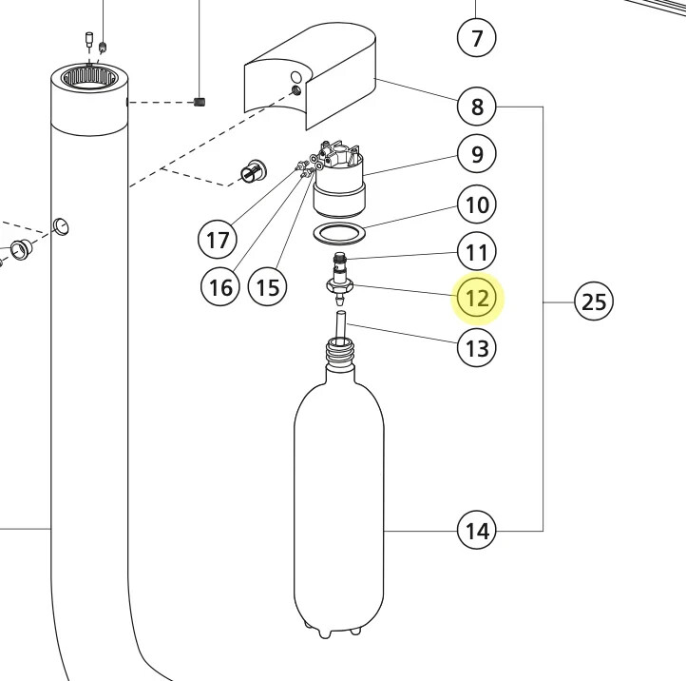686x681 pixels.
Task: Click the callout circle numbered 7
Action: click(477, 38)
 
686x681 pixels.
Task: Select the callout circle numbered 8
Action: click(477, 106)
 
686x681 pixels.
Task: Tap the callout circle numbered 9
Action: click(477, 153)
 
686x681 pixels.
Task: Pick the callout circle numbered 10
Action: click(477, 204)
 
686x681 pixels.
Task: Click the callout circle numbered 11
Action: click(477, 252)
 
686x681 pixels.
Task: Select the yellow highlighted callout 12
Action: click(477, 299)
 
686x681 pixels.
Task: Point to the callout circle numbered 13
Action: click(477, 348)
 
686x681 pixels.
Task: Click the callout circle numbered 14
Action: click(477, 530)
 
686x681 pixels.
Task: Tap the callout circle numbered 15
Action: click(268, 286)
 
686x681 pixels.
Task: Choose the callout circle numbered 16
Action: click(220, 286)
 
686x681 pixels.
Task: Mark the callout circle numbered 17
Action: click(218, 239)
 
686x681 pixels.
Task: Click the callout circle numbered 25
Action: click(594, 302)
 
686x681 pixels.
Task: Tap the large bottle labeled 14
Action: click(338, 504)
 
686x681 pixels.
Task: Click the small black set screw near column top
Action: click(199, 101)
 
